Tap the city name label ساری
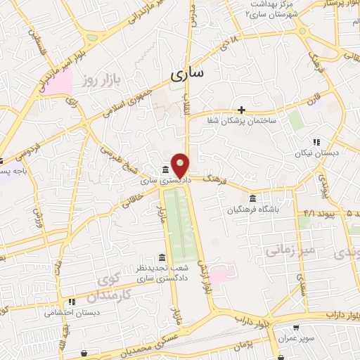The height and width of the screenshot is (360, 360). point(186,73)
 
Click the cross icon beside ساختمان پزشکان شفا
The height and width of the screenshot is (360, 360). point(241,110)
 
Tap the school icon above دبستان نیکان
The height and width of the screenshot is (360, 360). point(316,141)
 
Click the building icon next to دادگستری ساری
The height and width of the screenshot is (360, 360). point(165,170)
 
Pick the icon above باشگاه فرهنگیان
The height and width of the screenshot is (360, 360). point(252,198)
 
